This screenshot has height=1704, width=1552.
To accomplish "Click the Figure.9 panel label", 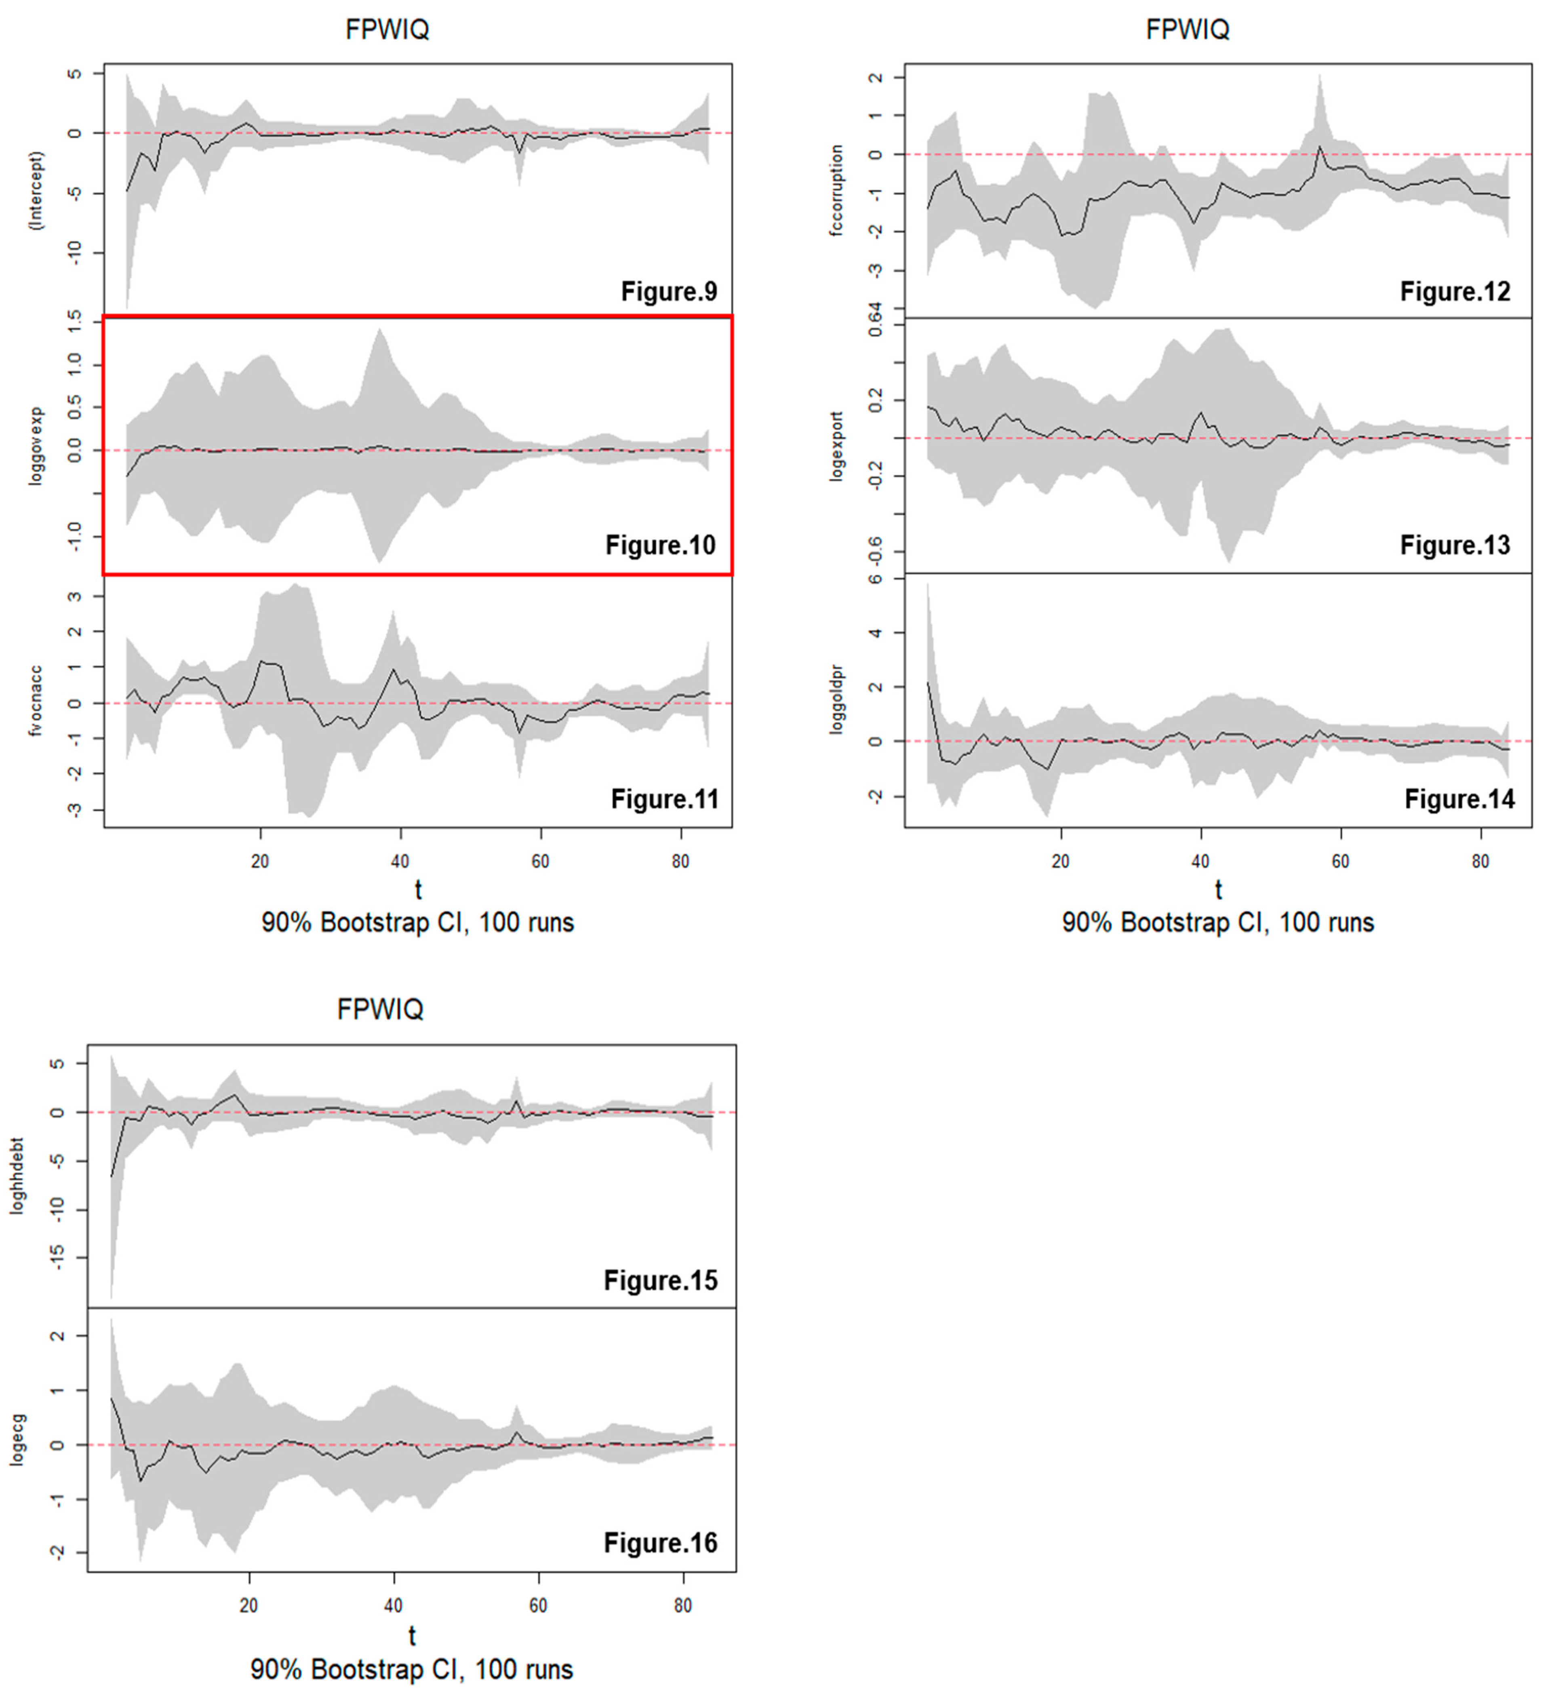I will (x=669, y=292).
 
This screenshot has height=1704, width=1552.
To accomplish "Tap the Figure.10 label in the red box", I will (x=660, y=545).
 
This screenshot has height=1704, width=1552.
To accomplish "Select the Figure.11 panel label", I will (x=664, y=799).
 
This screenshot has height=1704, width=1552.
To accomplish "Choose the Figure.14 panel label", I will (x=1459, y=799).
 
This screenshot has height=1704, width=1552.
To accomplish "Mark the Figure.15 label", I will (x=660, y=1281).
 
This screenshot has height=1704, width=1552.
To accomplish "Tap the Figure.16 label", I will (x=660, y=1542).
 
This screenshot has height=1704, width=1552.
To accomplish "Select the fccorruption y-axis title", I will (x=837, y=190).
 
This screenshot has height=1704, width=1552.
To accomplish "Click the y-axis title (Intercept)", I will (x=36, y=190).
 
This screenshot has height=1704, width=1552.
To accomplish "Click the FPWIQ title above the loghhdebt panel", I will (x=379, y=1009).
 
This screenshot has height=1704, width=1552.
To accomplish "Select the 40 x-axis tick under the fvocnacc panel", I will (x=400, y=861).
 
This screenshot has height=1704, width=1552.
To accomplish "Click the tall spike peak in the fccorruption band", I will (x=1320, y=76).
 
